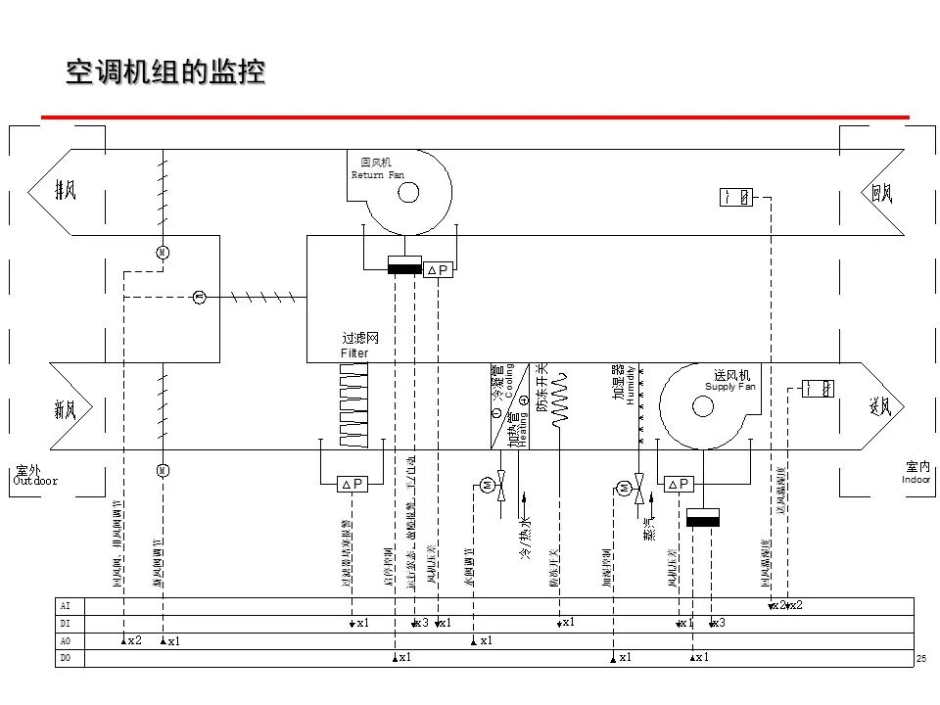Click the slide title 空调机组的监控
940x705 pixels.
pyautogui.click(x=164, y=73)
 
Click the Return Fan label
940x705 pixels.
pyautogui.click(x=377, y=174)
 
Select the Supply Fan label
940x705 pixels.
pyautogui.click(x=730, y=387)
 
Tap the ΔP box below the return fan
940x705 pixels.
pyautogui.click(x=437, y=270)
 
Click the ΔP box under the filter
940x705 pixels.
pyautogui.click(x=351, y=484)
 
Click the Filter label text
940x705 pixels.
pyautogui.click(x=354, y=352)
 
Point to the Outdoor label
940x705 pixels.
pyautogui.click(x=35, y=481)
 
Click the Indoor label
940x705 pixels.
pyautogui.click(x=917, y=480)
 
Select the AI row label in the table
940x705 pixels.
pyautogui.click(x=66, y=605)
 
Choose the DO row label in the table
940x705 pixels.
pyautogui.click(x=66, y=658)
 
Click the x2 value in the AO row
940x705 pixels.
pyautogui.click(x=135, y=639)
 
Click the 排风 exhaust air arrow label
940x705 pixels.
pyautogui.click(x=66, y=191)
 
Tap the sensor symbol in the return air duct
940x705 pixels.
pyautogui.click(x=736, y=197)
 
